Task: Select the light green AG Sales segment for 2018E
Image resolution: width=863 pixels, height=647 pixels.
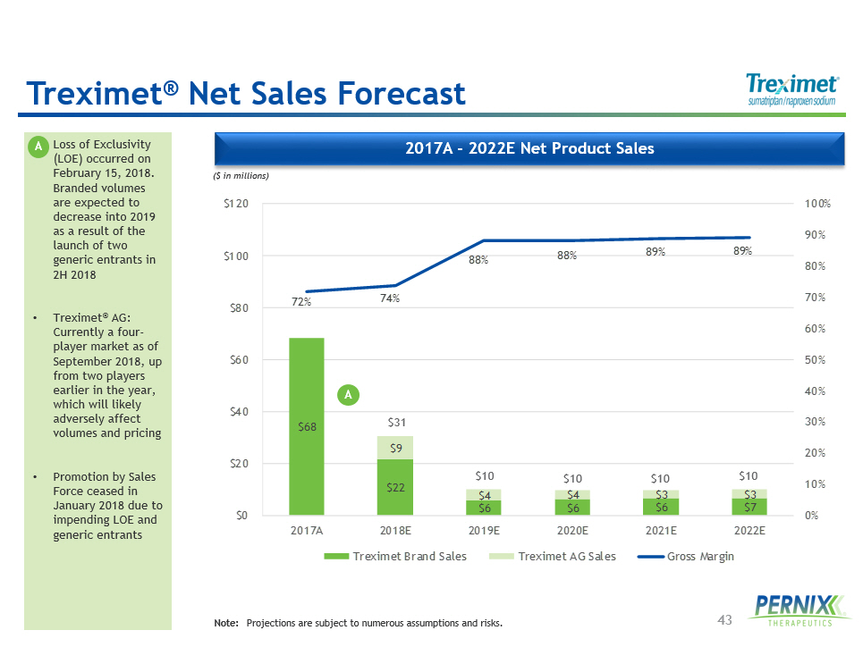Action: tap(394, 448)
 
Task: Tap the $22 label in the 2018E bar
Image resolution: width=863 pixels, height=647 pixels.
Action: tap(394, 488)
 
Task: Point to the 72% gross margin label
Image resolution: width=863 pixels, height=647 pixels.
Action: tap(301, 302)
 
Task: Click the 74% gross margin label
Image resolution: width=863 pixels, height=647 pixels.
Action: tap(389, 298)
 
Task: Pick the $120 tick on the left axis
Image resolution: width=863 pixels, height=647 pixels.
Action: tap(236, 205)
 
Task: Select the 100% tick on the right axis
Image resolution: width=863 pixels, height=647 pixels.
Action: tap(817, 205)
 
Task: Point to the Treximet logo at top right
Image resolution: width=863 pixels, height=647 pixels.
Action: tap(792, 90)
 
